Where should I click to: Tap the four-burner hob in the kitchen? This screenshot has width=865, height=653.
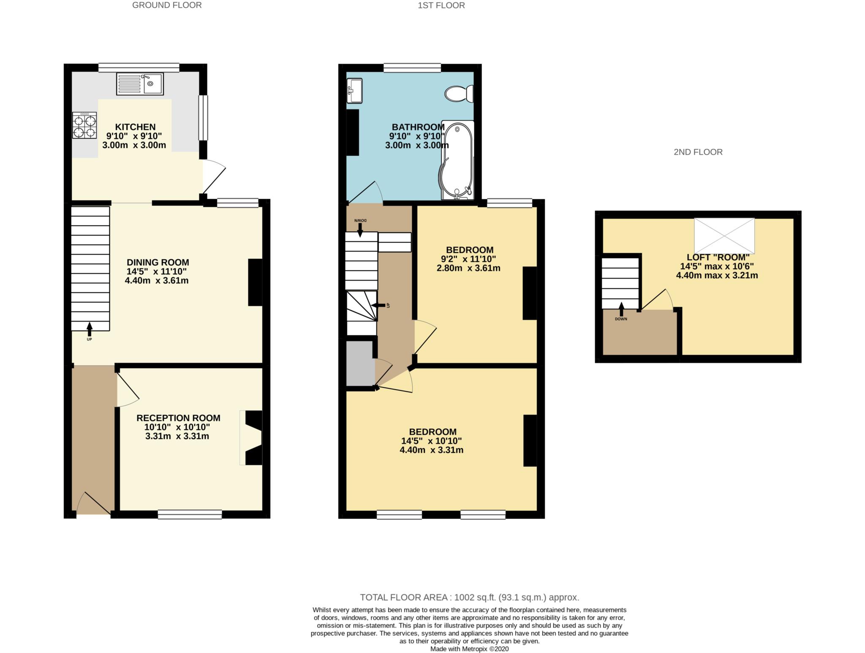(x=84, y=126)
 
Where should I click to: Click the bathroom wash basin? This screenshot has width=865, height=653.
(x=354, y=90)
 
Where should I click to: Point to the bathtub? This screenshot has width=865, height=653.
(x=457, y=160)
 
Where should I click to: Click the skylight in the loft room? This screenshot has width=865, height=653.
(x=724, y=236)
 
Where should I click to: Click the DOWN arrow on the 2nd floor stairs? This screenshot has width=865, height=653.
(x=621, y=310)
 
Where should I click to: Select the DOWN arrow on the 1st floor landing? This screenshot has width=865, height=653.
(x=360, y=228)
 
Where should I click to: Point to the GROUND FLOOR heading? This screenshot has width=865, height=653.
(x=167, y=5)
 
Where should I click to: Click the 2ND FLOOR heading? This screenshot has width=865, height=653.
(x=698, y=152)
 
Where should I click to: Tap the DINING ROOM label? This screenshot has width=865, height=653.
(x=158, y=262)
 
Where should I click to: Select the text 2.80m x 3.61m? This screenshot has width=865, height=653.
(x=468, y=268)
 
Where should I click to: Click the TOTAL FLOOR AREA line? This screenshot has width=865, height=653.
(x=469, y=597)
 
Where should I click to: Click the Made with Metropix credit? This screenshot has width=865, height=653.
(x=469, y=649)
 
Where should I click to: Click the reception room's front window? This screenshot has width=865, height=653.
(x=190, y=514)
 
